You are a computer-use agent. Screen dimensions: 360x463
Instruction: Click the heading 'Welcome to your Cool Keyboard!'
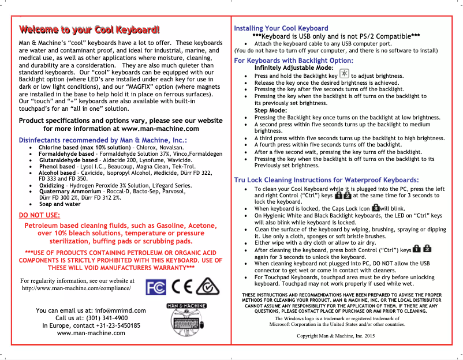89,30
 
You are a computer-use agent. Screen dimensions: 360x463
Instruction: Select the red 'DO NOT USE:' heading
39,216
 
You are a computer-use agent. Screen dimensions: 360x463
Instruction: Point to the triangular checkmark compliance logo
207,286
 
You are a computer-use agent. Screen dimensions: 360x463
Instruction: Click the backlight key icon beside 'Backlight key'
344,75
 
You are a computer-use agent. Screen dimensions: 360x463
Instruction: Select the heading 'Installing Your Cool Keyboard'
281,28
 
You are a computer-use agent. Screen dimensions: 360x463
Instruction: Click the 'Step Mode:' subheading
271,110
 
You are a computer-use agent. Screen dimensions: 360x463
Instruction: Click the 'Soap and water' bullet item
59,204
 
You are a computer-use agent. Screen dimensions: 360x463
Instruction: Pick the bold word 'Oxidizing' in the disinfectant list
51,185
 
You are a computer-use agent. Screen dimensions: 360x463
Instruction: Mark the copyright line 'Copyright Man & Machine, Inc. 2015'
335,336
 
